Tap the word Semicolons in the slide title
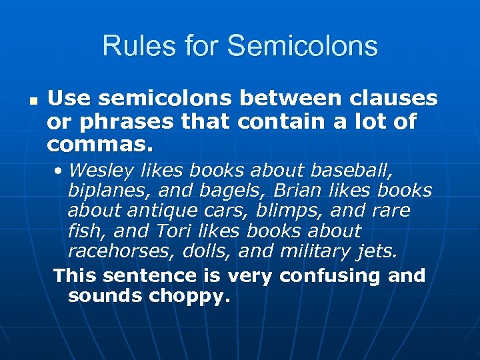302,47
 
